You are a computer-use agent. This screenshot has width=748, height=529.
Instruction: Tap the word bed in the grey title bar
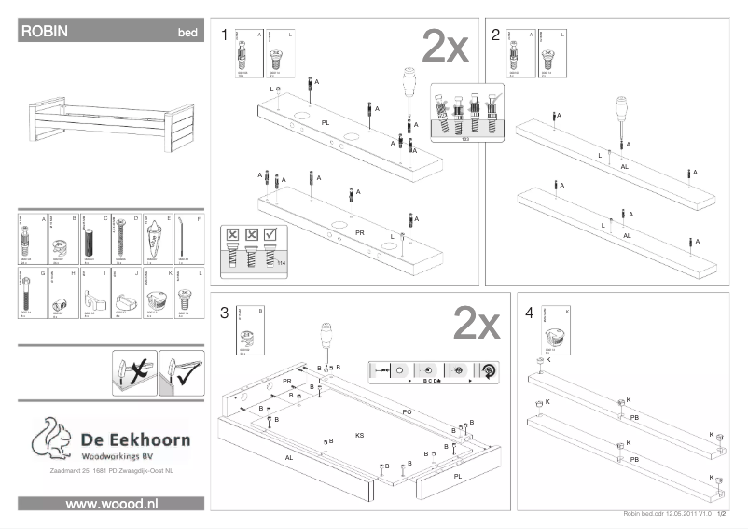[x=187, y=33]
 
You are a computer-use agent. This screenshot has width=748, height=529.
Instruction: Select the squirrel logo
[x=51, y=439]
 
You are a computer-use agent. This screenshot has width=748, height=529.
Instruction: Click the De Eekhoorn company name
[x=134, y=439]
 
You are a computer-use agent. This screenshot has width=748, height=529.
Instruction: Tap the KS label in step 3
[x=359, y=436]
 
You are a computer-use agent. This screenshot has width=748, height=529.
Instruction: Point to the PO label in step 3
[x=407, y=411]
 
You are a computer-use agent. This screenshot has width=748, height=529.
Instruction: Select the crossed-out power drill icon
[x=133, y=369]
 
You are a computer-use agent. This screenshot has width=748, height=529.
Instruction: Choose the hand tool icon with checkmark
[x=181, y=369]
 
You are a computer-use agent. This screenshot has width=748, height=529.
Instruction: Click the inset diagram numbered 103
[x=465, y=114]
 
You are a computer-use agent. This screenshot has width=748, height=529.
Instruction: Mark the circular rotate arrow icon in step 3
[x=488, y=369]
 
